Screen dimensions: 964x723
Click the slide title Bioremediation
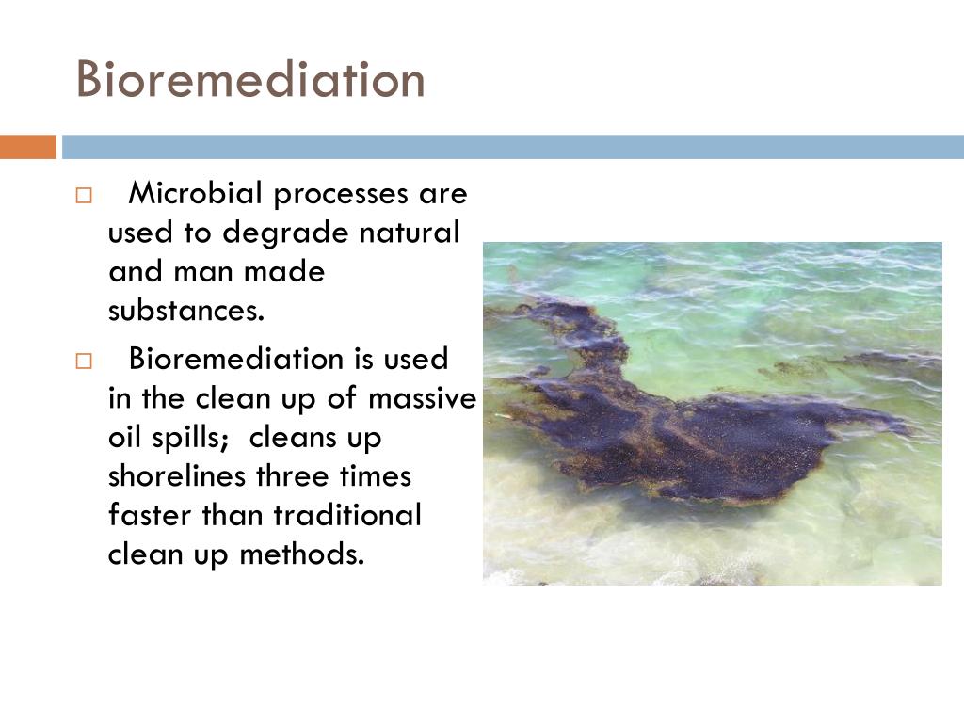[250, 79]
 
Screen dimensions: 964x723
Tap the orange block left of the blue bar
[27, 147]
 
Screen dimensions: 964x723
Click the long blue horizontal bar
[513, 147]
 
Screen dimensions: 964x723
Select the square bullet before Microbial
[84, 196]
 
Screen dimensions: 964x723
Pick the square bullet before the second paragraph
[84, 361]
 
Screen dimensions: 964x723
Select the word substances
[186, 311]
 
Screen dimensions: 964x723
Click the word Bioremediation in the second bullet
[236, 359]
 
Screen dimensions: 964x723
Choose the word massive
[423, 398]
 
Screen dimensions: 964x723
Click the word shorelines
[176, 475]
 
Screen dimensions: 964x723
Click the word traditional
[347, 515]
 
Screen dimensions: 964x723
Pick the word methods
[301, 554]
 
